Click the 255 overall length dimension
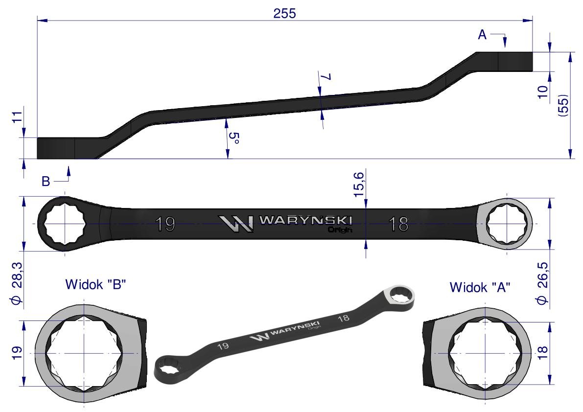[285, 13]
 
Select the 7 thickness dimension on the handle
[326, 77]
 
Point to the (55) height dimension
[564, 106]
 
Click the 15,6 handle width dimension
[359, 183]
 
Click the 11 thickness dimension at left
[18, 118]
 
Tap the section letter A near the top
[482, 35]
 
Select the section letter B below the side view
[46, 182]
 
